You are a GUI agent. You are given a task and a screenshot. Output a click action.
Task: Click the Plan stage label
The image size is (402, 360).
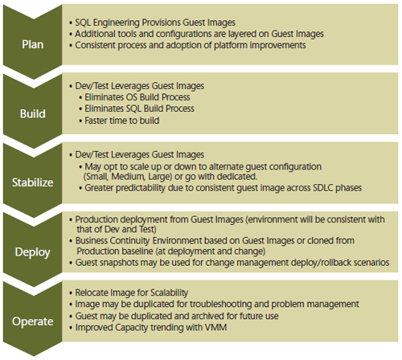33,44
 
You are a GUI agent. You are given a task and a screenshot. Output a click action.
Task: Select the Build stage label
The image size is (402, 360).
33,113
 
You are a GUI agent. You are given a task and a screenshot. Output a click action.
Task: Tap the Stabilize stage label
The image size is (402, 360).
33,182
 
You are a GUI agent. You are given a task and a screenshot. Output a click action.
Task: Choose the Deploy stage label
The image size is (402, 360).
33,252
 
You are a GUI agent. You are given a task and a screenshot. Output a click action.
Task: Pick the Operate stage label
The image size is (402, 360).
33,321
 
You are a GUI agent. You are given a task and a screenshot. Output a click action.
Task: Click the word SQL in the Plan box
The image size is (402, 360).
80,22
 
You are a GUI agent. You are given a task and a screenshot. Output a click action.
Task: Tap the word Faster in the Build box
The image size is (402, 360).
94,121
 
